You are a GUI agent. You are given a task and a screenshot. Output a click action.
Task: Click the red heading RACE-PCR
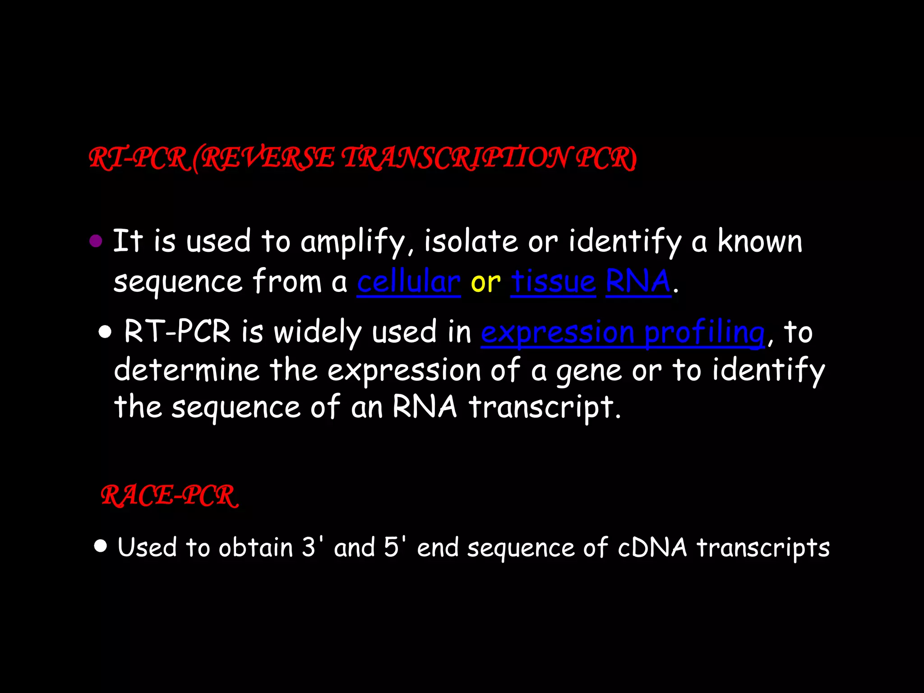tap(169, 496)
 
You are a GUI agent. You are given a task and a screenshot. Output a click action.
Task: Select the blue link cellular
tap(409, 282)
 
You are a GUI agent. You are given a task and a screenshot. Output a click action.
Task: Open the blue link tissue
tap(553, 282)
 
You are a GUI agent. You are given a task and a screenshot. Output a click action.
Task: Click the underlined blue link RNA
tap(638, 282)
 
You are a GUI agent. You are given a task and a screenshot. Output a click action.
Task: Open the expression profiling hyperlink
tap(623, 333)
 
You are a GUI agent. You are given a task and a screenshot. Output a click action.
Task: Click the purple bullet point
tap(96, 241)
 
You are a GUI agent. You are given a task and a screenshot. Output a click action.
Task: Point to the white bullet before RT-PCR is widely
tap(105, 333)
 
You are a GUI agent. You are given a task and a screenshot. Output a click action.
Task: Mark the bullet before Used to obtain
tap(101, 546)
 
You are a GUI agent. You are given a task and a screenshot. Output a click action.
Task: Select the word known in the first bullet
tap(760, 241)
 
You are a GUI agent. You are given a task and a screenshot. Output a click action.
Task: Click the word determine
tap(186, 370)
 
